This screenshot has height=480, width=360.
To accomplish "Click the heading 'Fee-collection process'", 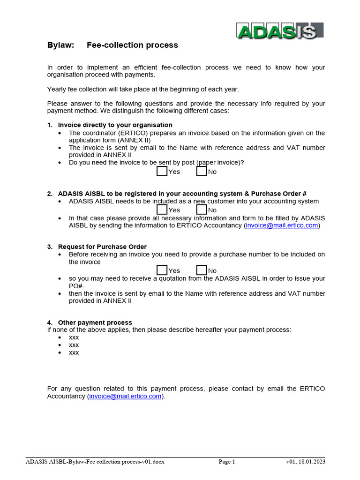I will [132, 45].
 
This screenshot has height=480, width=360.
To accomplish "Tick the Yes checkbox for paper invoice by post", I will [162, 172].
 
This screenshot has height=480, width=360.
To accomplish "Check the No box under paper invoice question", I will [201, 172].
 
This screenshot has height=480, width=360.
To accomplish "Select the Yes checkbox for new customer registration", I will [162, 210].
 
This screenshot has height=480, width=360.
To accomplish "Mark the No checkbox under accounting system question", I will [201, 210].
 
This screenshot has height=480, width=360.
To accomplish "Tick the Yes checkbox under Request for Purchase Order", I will [162, 270].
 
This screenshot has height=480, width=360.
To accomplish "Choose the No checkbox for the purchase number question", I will [201, 270].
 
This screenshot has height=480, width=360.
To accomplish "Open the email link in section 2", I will [282, 225].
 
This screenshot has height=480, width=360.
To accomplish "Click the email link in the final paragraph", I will [125, 396].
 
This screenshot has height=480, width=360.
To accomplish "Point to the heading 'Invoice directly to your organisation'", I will [115, 125].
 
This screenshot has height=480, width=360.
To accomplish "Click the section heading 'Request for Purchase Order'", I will [102, 247].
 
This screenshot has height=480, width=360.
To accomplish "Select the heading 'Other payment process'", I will [95, 322].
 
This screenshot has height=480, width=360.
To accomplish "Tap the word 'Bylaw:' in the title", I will [60, 45].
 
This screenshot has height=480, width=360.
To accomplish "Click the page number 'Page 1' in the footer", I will [227, 462].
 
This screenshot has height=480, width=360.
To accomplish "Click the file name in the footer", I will [95, 462].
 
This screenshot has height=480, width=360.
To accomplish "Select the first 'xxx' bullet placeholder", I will [74, 337].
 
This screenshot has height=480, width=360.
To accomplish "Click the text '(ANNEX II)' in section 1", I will [134, 140].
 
